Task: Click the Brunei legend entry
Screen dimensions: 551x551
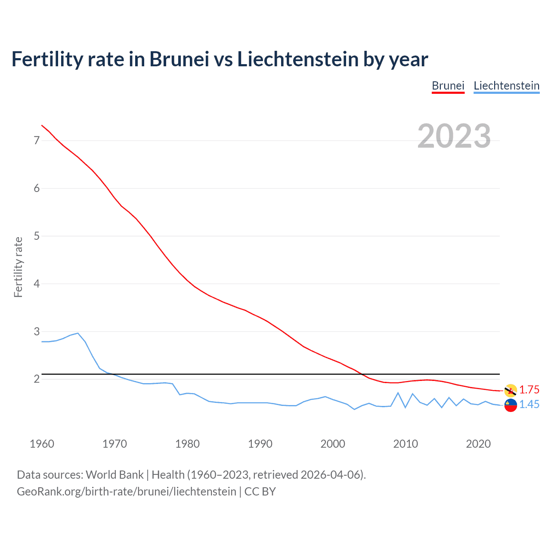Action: (x=448, y=86)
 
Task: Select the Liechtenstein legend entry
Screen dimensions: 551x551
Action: (x=506, y=86)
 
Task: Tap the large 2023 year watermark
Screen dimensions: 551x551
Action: (x=454, y=136)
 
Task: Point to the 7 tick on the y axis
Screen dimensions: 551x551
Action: (x=37, y=140)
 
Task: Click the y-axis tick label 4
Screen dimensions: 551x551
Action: (x=37, y=284)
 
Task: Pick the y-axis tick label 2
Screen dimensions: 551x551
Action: (x=37, y=379)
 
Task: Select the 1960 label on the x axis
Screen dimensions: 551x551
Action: (x=42, y=444)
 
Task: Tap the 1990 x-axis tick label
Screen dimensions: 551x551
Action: (x=260, y=444)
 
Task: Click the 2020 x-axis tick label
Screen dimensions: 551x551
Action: (x=478, y=444)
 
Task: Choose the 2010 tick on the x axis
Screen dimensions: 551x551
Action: (x=406, y=444)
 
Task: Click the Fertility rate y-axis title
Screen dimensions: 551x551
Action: (x=18, y=267)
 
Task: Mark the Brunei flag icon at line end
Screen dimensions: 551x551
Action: (x=511, y=390)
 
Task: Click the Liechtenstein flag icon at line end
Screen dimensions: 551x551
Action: (x=511, y=405)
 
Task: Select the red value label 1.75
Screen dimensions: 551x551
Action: (x=529, y=390)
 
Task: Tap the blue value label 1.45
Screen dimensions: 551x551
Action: (x=529, y=405)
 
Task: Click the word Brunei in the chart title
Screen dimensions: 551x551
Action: (x=179, y=59)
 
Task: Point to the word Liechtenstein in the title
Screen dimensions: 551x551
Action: (x=297, y=59)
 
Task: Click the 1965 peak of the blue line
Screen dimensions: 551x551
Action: (x=78, y=333)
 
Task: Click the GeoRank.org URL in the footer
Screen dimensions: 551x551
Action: (x=127, y=492)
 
